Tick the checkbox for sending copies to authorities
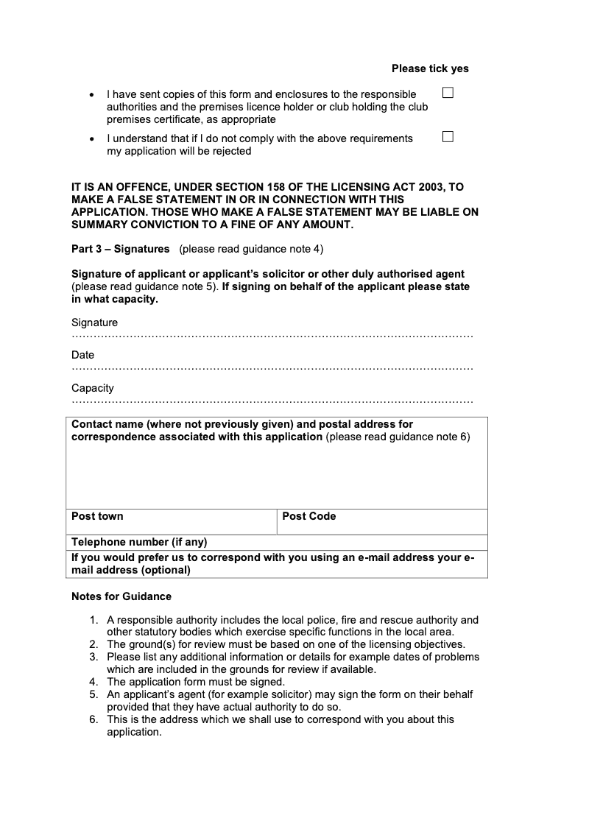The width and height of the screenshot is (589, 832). click(x=448, y=94)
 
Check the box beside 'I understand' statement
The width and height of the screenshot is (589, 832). click(x=448, y=137)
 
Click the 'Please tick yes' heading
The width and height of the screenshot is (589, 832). click(x=430, y=68)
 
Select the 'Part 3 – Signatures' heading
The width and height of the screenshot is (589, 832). click(x=121, y=249)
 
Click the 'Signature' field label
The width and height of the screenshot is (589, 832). click(x=94, y=322)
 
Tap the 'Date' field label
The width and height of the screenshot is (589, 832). click(x=82, y=355)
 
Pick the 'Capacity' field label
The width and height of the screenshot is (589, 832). click(x=93, y=388)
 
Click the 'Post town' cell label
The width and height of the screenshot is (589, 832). click(x=97, y=516)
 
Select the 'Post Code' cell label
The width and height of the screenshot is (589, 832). click(x=309, y=516)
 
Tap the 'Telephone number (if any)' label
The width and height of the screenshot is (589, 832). click(x=139, y=542)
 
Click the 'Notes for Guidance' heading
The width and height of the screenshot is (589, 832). click(x=121, y=596)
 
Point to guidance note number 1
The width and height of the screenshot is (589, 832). click(x=94, y=620)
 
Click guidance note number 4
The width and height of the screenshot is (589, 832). click(x=94, y=682)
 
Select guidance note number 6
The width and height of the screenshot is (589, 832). click(x=94, y=719)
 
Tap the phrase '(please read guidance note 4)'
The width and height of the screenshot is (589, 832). click(x=251, y=249)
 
